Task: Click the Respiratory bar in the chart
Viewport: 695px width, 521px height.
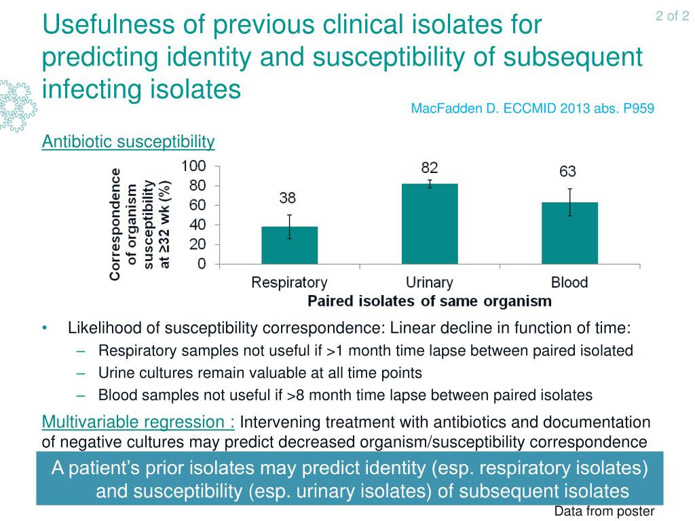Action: pyautogui.click(x=289, y=245)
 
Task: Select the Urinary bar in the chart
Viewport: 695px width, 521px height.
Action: pyautogui.click(x=430, y=224)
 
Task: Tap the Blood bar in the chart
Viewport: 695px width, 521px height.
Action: pyautogui.click(x=569, y=233)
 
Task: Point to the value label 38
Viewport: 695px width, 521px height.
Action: pyautogui.click(x=288, y=198)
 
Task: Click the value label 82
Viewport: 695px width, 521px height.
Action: pyautogui.click(x=430, y=168)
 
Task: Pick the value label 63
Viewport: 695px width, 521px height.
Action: pyautogui.click(x=567, y=172)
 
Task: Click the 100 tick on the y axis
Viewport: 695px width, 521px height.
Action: pyautogui.click(x=193, y=166)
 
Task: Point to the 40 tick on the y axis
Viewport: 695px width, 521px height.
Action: pyautogui.click(x=197, y=225)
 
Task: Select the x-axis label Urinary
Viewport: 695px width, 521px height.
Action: pyautogui.click(x=430, y=282)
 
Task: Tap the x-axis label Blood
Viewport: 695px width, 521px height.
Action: pyautogui.click(x=569, y=282)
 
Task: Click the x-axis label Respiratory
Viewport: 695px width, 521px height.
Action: pyautogui.click(x=289, y=282)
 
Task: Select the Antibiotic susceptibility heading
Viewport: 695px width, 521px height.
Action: pyautogui.click(x=128, y=142)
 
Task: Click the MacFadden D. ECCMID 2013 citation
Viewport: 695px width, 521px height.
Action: pyautogui.click(x=533, y=109)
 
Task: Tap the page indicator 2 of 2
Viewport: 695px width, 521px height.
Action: pyautogui.click(x=673, y=16)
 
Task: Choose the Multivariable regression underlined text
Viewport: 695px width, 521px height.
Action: pyautogui.click(x=138, y=423)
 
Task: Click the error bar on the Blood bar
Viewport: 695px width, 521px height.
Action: pyautogui.click(x=570, y=201)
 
